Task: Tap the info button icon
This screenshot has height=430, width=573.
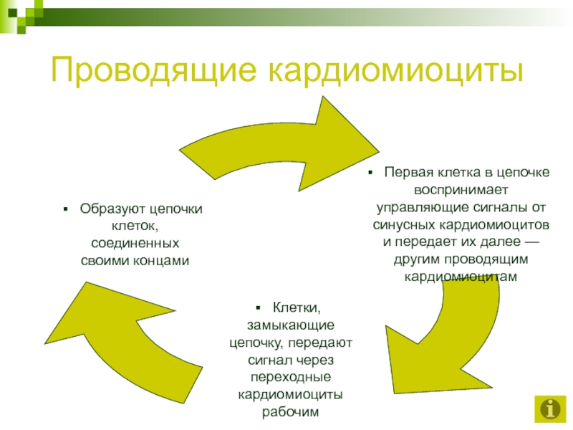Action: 549,408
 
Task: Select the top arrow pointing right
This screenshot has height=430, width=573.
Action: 286,143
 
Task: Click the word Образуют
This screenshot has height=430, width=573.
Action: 107,209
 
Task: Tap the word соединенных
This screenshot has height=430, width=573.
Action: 134,243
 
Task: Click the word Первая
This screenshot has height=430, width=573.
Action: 408,173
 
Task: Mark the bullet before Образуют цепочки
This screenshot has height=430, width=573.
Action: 65,209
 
